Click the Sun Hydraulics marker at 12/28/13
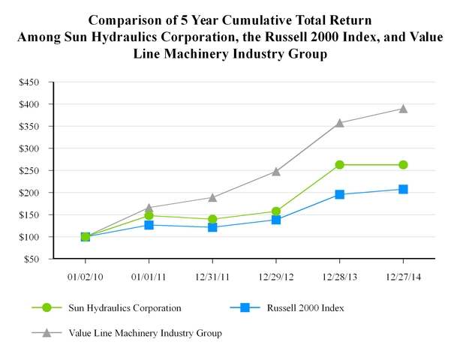340,165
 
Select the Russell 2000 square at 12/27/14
403,189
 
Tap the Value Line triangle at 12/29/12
276,171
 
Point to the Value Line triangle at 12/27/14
403,108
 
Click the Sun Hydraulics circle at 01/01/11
149,216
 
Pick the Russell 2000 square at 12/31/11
212,227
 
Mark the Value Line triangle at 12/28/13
340,122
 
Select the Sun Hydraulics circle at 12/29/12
276,211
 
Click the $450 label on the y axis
30,82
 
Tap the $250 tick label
30,171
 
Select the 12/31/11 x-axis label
212,275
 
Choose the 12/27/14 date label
403,275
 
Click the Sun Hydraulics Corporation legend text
124,307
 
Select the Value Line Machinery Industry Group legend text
145,332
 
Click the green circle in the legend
47,307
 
